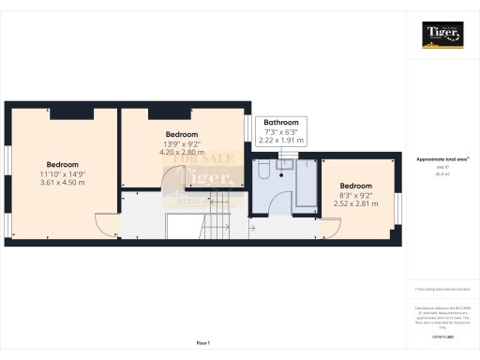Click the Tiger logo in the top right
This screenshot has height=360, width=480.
click(442, 36)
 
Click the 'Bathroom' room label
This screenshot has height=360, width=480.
click(281, 123)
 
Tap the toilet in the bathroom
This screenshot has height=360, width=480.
click(265, 171)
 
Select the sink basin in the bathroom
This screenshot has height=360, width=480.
click(285, 163)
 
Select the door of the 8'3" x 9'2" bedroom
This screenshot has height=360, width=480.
click(330, 225)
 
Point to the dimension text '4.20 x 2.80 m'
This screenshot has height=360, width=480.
click(182, 151)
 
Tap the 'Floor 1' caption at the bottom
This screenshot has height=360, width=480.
click(203, 344)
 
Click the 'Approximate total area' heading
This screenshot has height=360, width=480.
click(442, 159)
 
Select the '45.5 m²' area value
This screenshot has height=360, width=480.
click(442, 174)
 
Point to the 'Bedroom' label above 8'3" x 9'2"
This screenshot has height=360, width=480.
click(355, 186)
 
